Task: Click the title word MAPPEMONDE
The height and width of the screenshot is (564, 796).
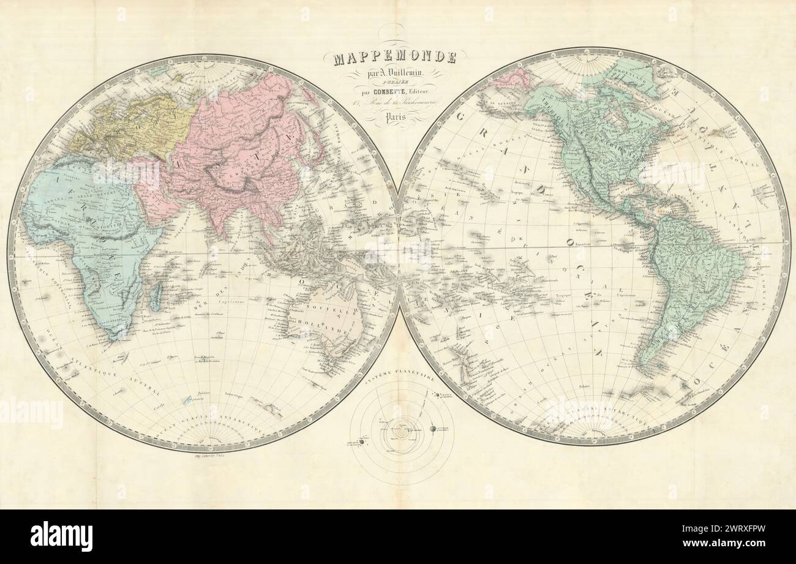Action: coord(395,58)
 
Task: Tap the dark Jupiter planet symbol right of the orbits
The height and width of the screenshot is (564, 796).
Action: coord(437,429)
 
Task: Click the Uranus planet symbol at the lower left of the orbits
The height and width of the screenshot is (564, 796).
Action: coord(361,442)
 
